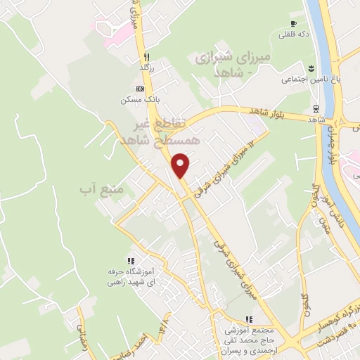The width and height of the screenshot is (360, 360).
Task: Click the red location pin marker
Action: (181, 165)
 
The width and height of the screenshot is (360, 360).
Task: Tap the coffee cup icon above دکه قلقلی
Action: (294, 23)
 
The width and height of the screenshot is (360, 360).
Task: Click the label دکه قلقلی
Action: (294, 34)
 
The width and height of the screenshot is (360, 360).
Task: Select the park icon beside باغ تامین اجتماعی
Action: (310, 68)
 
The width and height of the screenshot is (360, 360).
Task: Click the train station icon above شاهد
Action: (316, 109)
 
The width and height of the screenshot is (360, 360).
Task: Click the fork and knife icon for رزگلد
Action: (146, 56)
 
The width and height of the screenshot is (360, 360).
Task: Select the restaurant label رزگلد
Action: (146, 67)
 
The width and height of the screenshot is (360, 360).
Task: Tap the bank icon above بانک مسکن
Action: (141, 89)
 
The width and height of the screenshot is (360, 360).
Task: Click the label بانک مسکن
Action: (139, 99)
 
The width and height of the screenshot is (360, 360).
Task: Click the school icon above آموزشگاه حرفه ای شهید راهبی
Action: (129, 260)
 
